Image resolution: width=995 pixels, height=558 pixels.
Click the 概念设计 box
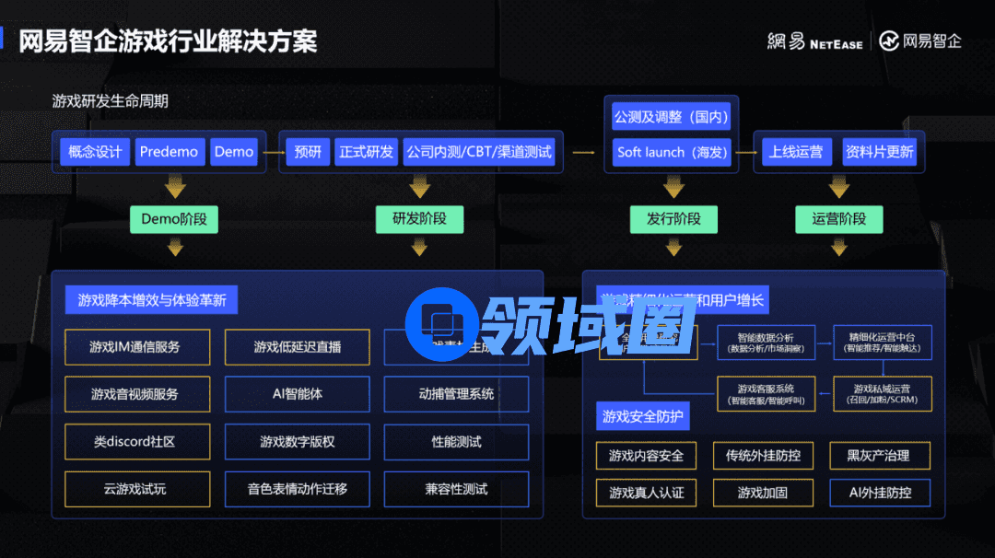click(x=95, y=152)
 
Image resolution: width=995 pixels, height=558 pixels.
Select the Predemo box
click(x=169, y=152)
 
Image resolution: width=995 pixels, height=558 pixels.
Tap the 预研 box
click(x=308, y=152)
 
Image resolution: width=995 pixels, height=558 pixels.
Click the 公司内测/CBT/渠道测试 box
click(x=478, y=152)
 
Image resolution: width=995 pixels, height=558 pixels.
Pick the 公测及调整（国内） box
click(x=670, y=117)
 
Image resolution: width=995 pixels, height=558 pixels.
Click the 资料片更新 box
click(x=879, y=152)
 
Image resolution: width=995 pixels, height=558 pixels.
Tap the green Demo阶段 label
click(x=174, y=219)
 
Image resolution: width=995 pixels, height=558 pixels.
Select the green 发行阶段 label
click(x=666, y=219)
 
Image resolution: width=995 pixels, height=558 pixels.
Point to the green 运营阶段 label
click(x=838, y=219)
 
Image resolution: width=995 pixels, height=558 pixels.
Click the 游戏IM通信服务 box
click(x=137, y=347)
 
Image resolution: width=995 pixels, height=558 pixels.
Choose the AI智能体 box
click(x=297, y=394)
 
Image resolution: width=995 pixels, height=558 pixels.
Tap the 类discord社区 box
click(x=137, y=442)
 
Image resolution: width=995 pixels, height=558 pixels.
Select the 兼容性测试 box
click(x=456, y=489)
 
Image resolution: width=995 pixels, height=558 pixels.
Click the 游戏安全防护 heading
click(x=642, y=417)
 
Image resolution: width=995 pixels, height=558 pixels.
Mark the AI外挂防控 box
click(x=880, y=493)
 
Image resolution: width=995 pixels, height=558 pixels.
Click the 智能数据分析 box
click(x=765, y=343)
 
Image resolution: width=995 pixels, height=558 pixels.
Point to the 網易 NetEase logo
click(x=814, y=41)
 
